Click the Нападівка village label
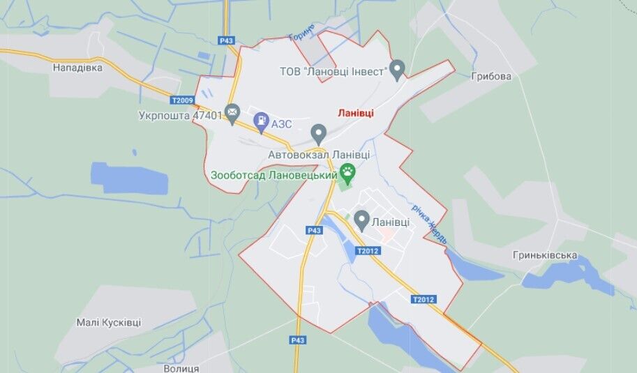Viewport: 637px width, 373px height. point(77,68)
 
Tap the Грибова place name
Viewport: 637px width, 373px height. point(490,76)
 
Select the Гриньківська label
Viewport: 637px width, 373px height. point(544,255)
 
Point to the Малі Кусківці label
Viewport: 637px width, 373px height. point(108,322)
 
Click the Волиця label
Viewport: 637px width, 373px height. point(181,367)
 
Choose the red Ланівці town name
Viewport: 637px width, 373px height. point(355,112)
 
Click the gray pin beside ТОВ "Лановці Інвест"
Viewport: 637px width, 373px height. point(397,69)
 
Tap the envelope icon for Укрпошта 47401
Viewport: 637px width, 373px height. point(232,112)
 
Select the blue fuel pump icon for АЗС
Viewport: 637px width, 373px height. point(261,123)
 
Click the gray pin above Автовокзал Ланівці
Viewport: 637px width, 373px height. point(319,132)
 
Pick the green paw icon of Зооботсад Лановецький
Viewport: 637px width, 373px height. point(347,172)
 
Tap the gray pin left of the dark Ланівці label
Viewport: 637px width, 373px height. point(361,220)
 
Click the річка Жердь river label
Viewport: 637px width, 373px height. point(435,224)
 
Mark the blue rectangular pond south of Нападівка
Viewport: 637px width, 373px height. point(130,178)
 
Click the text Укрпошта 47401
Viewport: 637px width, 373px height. point(180,115)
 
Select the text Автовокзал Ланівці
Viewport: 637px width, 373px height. point(319,155)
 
